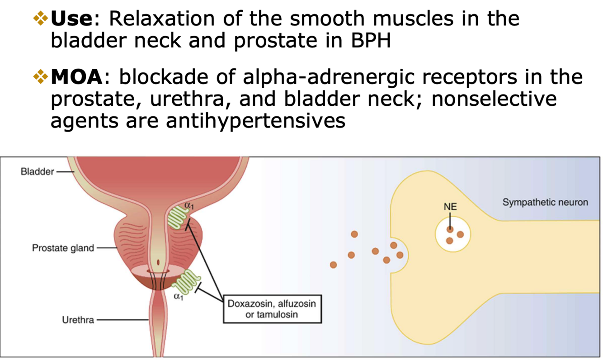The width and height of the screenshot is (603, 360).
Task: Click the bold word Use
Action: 71,19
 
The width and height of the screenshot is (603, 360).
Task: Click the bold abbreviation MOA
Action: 77,77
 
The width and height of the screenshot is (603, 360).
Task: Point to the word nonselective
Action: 494,99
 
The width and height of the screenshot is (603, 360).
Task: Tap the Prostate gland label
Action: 63,248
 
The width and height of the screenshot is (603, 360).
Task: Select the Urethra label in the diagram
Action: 78,320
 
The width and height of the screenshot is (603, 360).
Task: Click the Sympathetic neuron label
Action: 545,202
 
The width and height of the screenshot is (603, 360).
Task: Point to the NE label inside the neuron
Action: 450,207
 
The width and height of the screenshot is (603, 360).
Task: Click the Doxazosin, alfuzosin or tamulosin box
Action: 272,309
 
